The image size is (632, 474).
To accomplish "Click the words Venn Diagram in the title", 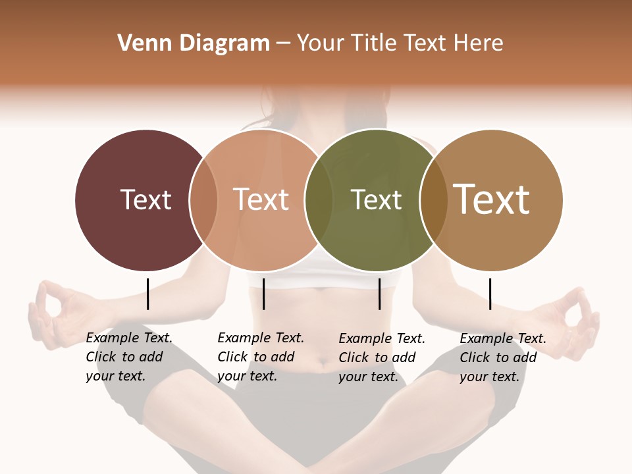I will tap(194, 43).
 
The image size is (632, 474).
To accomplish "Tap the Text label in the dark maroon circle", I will tap(145, 199).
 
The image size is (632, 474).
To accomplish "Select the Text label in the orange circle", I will tap(261, 199).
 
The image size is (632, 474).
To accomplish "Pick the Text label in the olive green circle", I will tap(376, 199).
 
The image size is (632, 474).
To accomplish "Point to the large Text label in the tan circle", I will tap(492, 199).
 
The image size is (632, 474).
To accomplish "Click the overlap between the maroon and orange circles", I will tap(203, 200).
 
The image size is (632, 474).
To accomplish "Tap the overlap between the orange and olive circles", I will tap(319, 200).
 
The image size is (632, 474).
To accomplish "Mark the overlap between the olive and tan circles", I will tap(434, 200).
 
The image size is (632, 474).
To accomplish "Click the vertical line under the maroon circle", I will tap(147, 294).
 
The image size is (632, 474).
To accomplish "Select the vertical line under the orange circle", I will tap(263, 294).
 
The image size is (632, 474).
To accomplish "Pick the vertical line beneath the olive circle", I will tap(379, 294).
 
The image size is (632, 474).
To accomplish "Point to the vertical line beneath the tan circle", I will tap(490, 294).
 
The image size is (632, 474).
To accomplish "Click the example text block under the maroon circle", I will tap(129, 357).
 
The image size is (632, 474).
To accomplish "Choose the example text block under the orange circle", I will tap(261, 357).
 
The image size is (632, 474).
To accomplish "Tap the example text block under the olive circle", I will tap(382, 357).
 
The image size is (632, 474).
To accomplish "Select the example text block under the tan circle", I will tap(503, 357).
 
